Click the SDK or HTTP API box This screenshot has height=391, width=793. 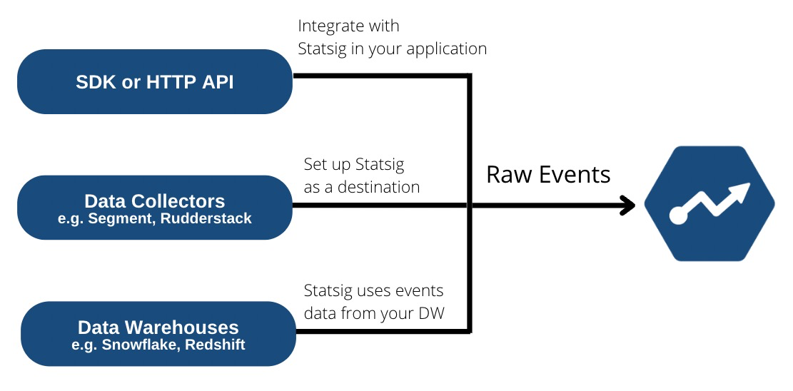point(154,81)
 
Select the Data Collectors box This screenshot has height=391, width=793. point(154,208)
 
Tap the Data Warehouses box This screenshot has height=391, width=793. point(158,334)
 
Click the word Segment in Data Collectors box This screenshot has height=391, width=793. point(116,219)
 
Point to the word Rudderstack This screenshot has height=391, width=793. point(206,219)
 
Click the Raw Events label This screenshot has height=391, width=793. point(548,175)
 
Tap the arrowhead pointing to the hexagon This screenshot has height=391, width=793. point(628,206)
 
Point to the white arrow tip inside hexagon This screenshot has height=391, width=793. point(742,191)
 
